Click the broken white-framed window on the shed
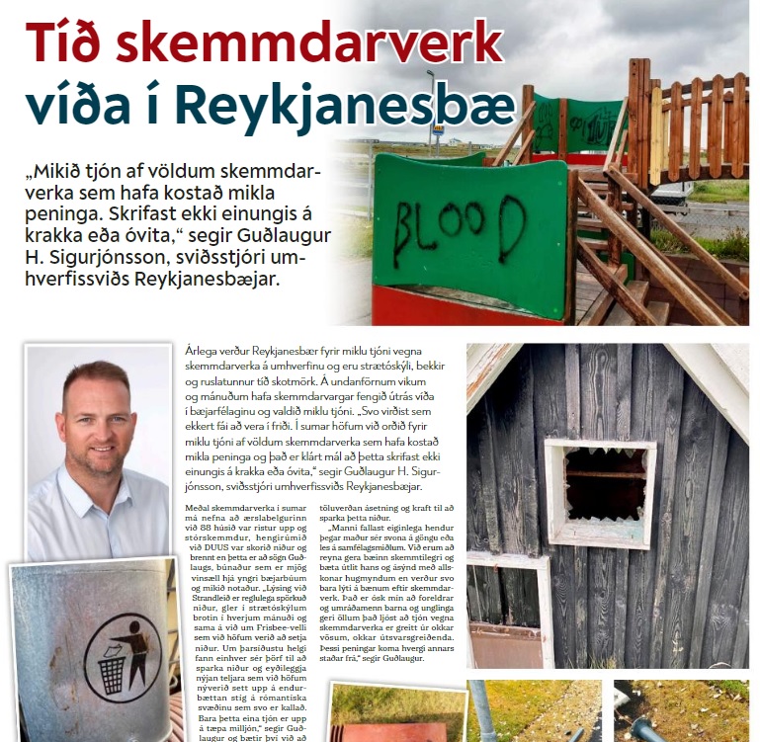599,490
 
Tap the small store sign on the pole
438,129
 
